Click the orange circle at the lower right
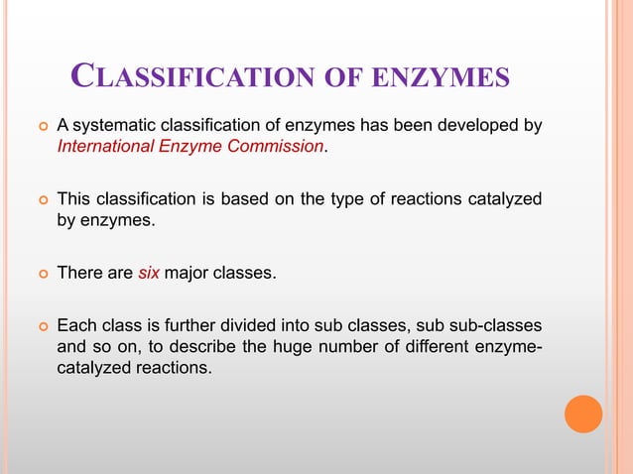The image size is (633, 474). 583,414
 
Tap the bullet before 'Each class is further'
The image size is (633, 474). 42,326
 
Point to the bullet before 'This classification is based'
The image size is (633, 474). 42,200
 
